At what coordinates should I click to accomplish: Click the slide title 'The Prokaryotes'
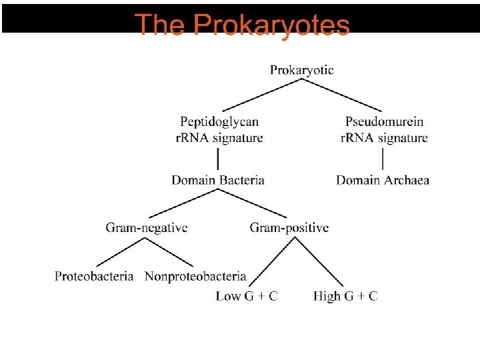(243, 25)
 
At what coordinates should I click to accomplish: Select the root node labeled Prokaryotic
(302, 69)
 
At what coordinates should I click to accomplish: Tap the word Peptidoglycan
(219, 122)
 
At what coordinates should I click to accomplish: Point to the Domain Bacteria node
(218, 180)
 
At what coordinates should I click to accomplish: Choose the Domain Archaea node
(383, 180)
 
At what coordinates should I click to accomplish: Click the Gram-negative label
(147, 228)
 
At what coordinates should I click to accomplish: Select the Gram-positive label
(289, 228)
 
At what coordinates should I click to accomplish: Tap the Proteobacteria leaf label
(94, 276)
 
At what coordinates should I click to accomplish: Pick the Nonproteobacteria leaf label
(195, 276)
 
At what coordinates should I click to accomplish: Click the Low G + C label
(247, 296)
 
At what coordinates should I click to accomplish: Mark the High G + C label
(345, 296)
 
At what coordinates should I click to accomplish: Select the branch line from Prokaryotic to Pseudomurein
(343, 95)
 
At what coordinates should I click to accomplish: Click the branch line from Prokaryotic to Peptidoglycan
(261, 95)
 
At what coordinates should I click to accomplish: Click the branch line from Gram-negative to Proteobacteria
(121, 252)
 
